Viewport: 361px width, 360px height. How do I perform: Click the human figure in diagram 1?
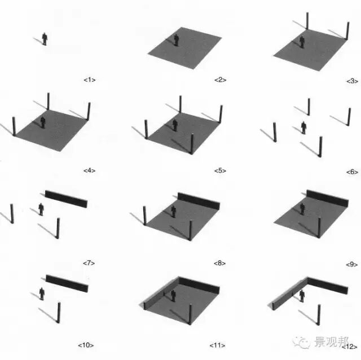point(45,39)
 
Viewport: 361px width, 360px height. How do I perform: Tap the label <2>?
point(220,80)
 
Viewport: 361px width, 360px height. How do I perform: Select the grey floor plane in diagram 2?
point(184,48)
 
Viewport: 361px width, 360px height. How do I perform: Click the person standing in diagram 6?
point(304,128)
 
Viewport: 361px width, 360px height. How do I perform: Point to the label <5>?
point(220,170)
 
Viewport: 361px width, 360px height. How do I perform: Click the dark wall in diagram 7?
point(67,199)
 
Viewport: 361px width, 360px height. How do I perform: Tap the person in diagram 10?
point(42,293)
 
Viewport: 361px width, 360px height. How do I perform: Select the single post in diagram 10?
point(59,313)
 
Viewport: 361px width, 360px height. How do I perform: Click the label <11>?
point(217,345)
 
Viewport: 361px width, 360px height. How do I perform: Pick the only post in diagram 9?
point(319,227)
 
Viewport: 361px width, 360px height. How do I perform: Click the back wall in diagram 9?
point(327,198)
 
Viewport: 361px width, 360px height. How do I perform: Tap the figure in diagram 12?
point(302,296)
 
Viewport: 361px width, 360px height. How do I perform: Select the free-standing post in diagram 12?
point(319,315)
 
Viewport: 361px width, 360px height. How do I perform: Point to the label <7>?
point(89,263)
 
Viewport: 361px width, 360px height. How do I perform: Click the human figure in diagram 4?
point(43,122)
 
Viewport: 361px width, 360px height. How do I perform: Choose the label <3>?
point(352,81)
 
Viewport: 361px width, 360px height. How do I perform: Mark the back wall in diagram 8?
point(199,201)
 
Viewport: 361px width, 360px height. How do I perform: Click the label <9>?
point(352,265)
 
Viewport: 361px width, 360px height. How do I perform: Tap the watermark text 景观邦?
point(331,342)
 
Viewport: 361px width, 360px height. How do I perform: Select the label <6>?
point(352,172)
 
